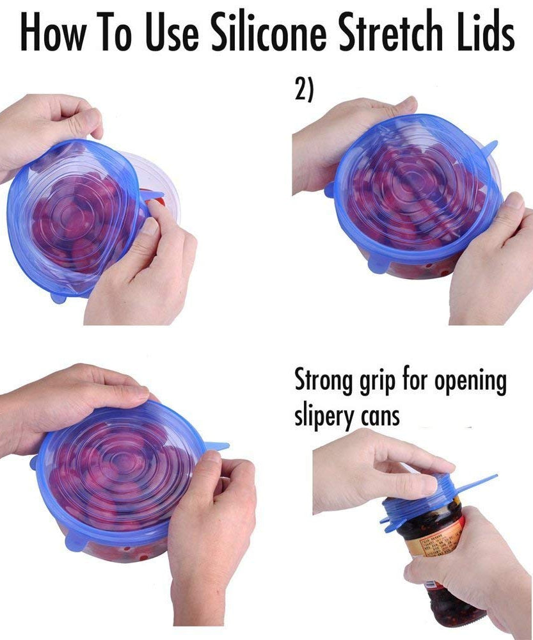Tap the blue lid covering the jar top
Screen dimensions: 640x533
435,499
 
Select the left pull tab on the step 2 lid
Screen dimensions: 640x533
329,189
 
